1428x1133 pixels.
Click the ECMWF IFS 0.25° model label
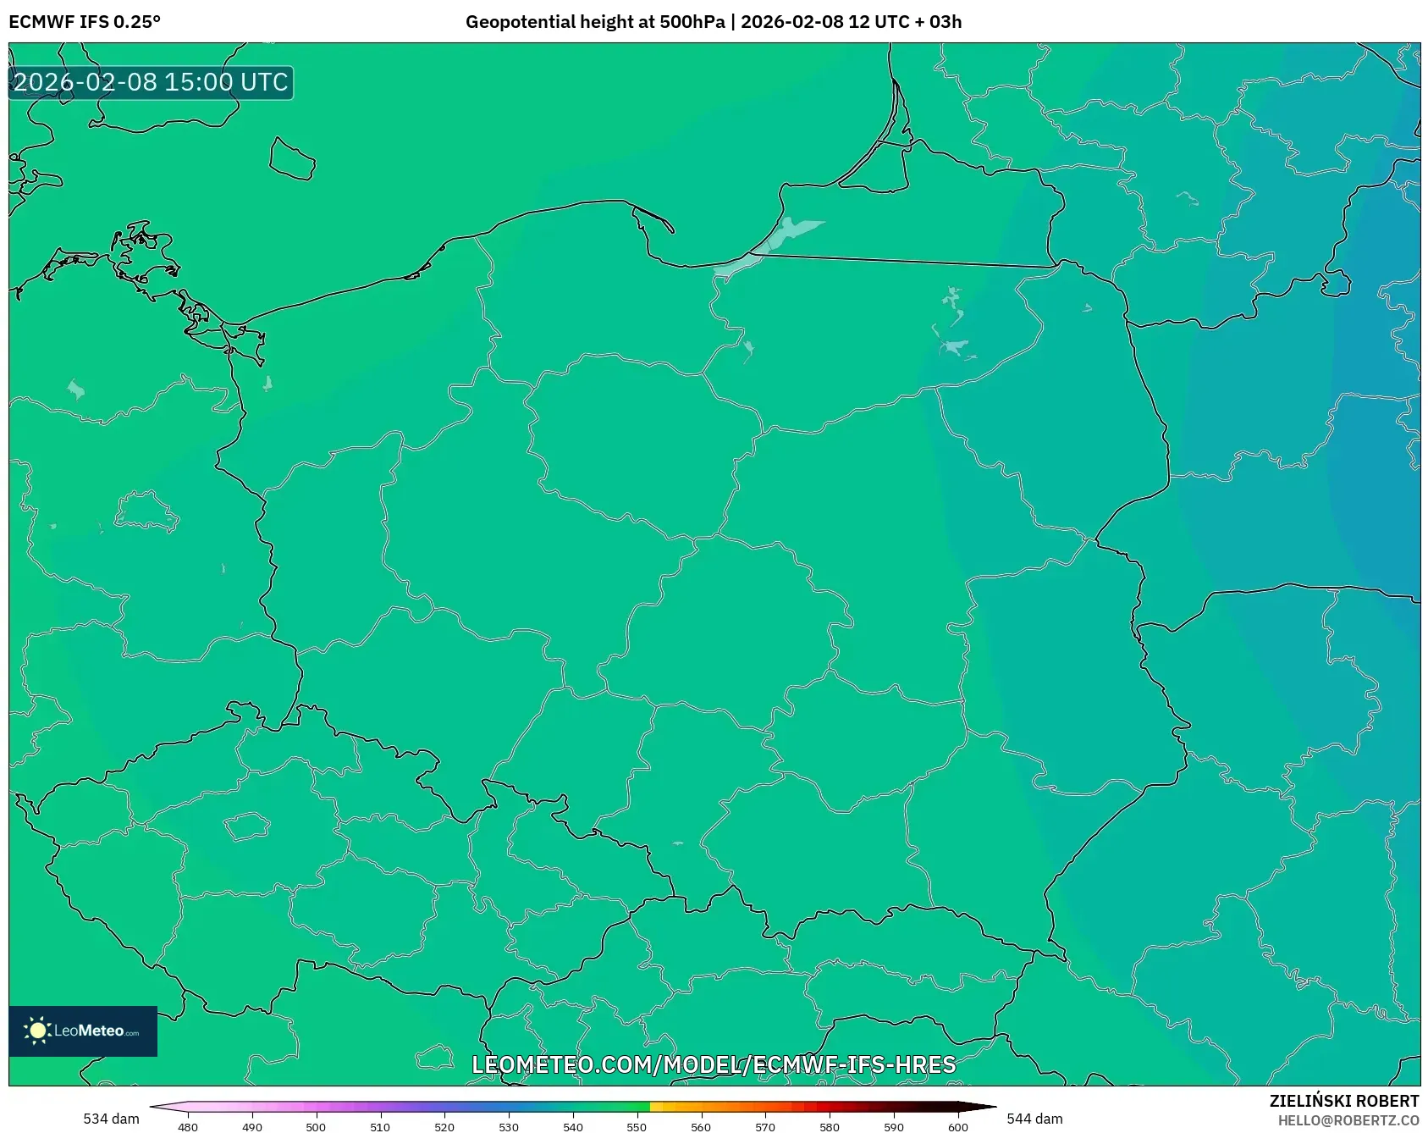click(85, 22)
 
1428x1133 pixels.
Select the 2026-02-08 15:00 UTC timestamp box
click(151, 82)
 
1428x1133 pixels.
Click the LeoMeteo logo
click(83, 1031)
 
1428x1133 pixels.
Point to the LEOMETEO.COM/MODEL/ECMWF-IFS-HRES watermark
click(714, 1064)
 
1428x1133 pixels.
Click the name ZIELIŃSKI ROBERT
click(1343, 1101)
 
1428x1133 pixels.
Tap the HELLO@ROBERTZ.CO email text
click(1348, 1120)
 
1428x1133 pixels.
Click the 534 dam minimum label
click(111, 1119)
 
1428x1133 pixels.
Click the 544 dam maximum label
click(1034, 1119)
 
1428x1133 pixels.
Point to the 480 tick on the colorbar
click(188, 1126)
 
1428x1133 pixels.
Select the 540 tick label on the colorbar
click(573, 1126)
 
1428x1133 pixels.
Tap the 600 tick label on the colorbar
click(958, 1126)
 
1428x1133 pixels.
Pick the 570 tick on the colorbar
click(765, 1126)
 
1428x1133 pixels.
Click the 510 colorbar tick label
click(380, 1126)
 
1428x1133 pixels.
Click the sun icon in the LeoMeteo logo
click(37, 1031)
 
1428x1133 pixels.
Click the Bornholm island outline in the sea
click(292, 159)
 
